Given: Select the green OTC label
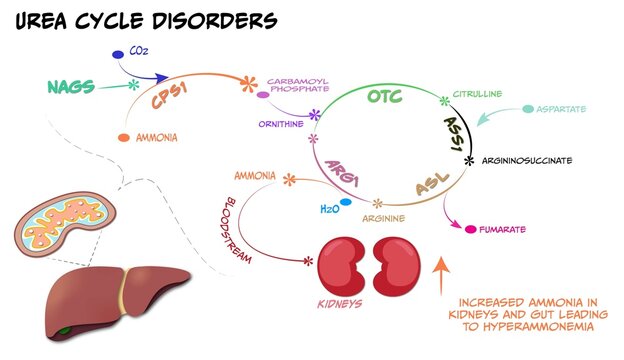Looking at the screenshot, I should (x=386, y=97).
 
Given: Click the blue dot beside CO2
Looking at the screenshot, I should (x=117, y=54).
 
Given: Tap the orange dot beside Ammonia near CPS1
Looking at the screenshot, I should (x=123, y=136).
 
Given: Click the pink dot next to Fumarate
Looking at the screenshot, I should (x=471, y=230).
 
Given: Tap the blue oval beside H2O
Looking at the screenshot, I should (x=346, y=202).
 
